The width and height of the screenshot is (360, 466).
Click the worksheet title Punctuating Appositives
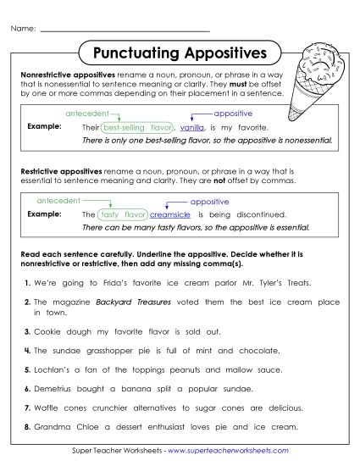[x=179, y=53]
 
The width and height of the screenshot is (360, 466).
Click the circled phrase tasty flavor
[x=124, y=214]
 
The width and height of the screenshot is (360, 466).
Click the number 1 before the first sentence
[x=27, y=282]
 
